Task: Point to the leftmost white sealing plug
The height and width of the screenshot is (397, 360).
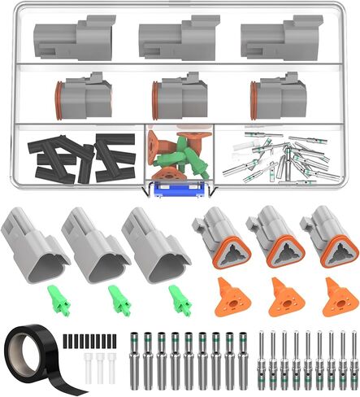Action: [87, 360]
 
